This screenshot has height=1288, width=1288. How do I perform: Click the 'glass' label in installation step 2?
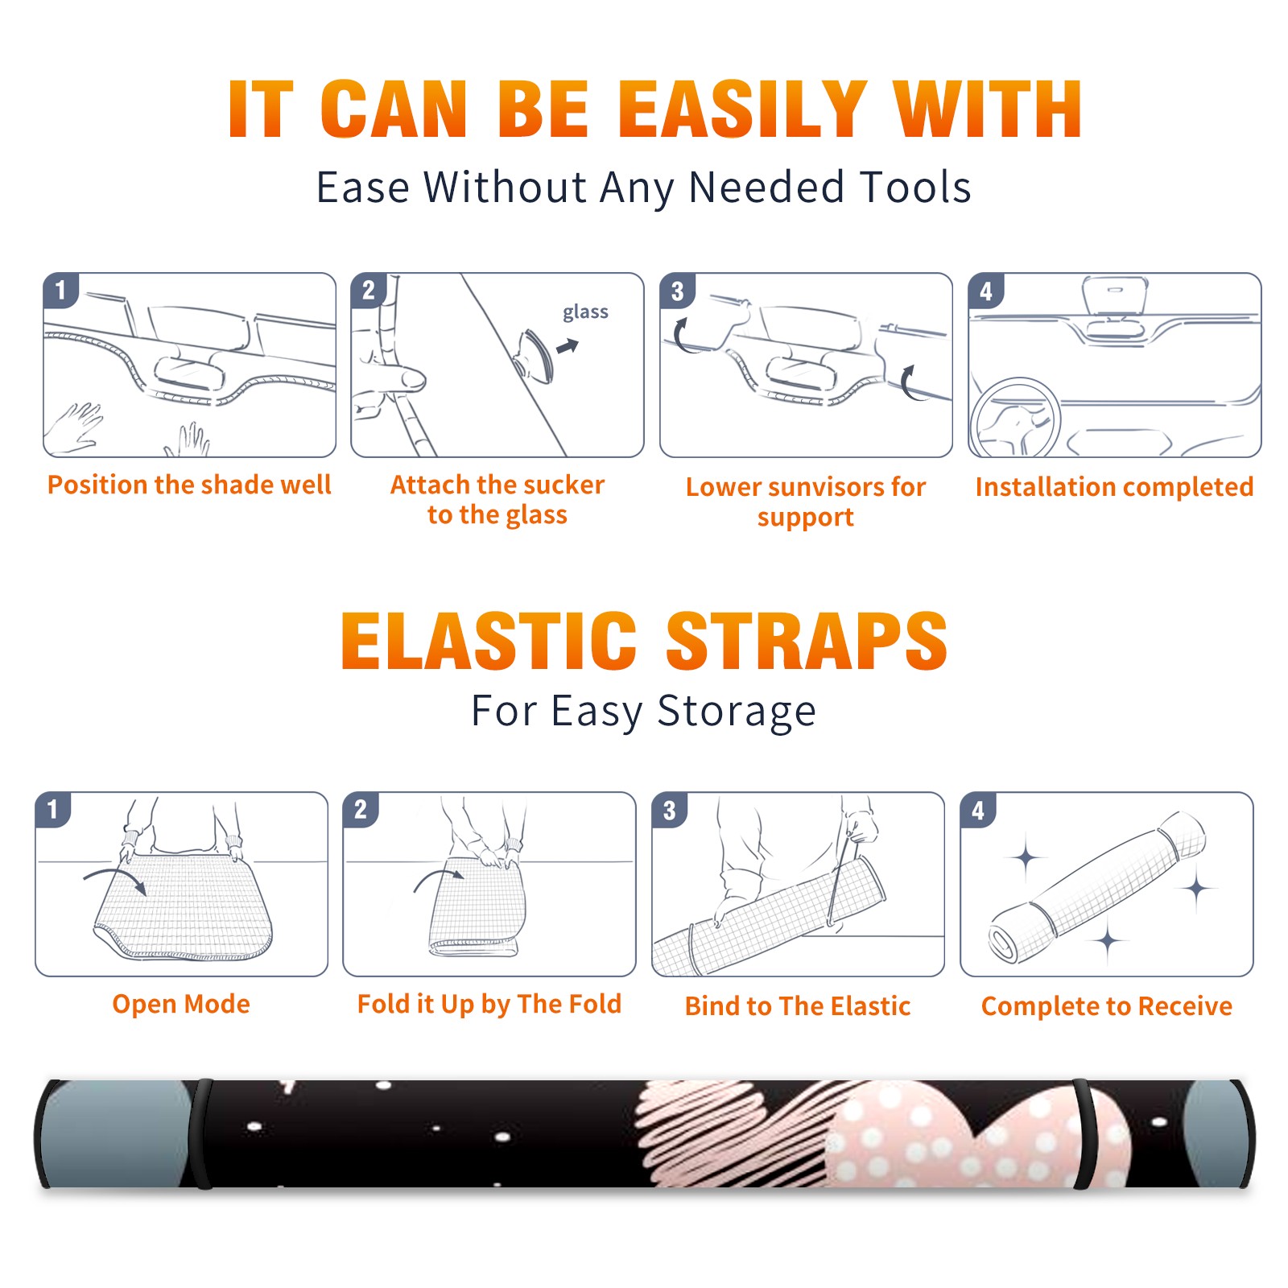[585, 312]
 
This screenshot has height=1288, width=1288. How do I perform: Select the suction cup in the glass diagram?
[535, 355]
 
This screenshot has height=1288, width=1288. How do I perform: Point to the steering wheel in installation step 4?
[1015, 418]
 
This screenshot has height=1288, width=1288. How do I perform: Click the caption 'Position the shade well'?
[189, 485]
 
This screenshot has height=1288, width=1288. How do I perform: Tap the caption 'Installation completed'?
[1114, 486]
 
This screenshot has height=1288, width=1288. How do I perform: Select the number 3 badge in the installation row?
[677, 291]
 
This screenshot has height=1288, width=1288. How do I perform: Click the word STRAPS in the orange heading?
[807, 641]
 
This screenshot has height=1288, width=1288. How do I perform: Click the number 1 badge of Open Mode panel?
[53, 809]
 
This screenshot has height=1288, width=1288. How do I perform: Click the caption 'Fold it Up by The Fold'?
[489, 1004]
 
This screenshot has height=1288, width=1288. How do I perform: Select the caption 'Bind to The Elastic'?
[798, 1006]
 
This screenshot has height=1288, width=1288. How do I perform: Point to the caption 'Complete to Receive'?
[1107, 1006]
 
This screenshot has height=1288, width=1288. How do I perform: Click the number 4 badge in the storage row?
[978, 810]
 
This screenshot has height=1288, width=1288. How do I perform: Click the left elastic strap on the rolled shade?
[202, 1134]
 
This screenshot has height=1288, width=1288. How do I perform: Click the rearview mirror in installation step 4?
[1115, 295]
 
